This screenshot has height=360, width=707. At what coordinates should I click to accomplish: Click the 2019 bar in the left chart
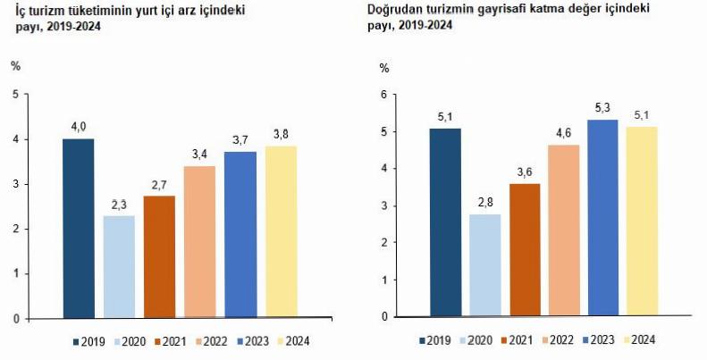click(x=78, y=228)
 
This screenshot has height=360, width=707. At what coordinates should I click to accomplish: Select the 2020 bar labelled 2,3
click(x=118, y=266)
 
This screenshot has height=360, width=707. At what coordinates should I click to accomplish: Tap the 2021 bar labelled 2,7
click(x=159, y=256)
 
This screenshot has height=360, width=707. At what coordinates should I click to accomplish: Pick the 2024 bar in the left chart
click(x=281, y=231)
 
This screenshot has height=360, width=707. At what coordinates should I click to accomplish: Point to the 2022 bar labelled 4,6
click(x=563, y=230)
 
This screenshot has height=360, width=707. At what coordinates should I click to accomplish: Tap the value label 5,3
click(x=603, y=108)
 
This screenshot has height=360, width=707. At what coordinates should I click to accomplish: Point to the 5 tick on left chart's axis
click(x=15, y=95)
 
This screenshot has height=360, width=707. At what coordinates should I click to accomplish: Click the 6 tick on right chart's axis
click(x=383, y=95)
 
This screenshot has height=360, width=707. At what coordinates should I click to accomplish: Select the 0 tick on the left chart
click(x=15, y=318)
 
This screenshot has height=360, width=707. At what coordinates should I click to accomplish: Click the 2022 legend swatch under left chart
click(x=196, y=341)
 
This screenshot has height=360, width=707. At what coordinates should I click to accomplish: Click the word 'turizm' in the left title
click(x=47, y=11)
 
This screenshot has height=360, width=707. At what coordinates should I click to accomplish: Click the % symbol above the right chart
click(x=384, y=68)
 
